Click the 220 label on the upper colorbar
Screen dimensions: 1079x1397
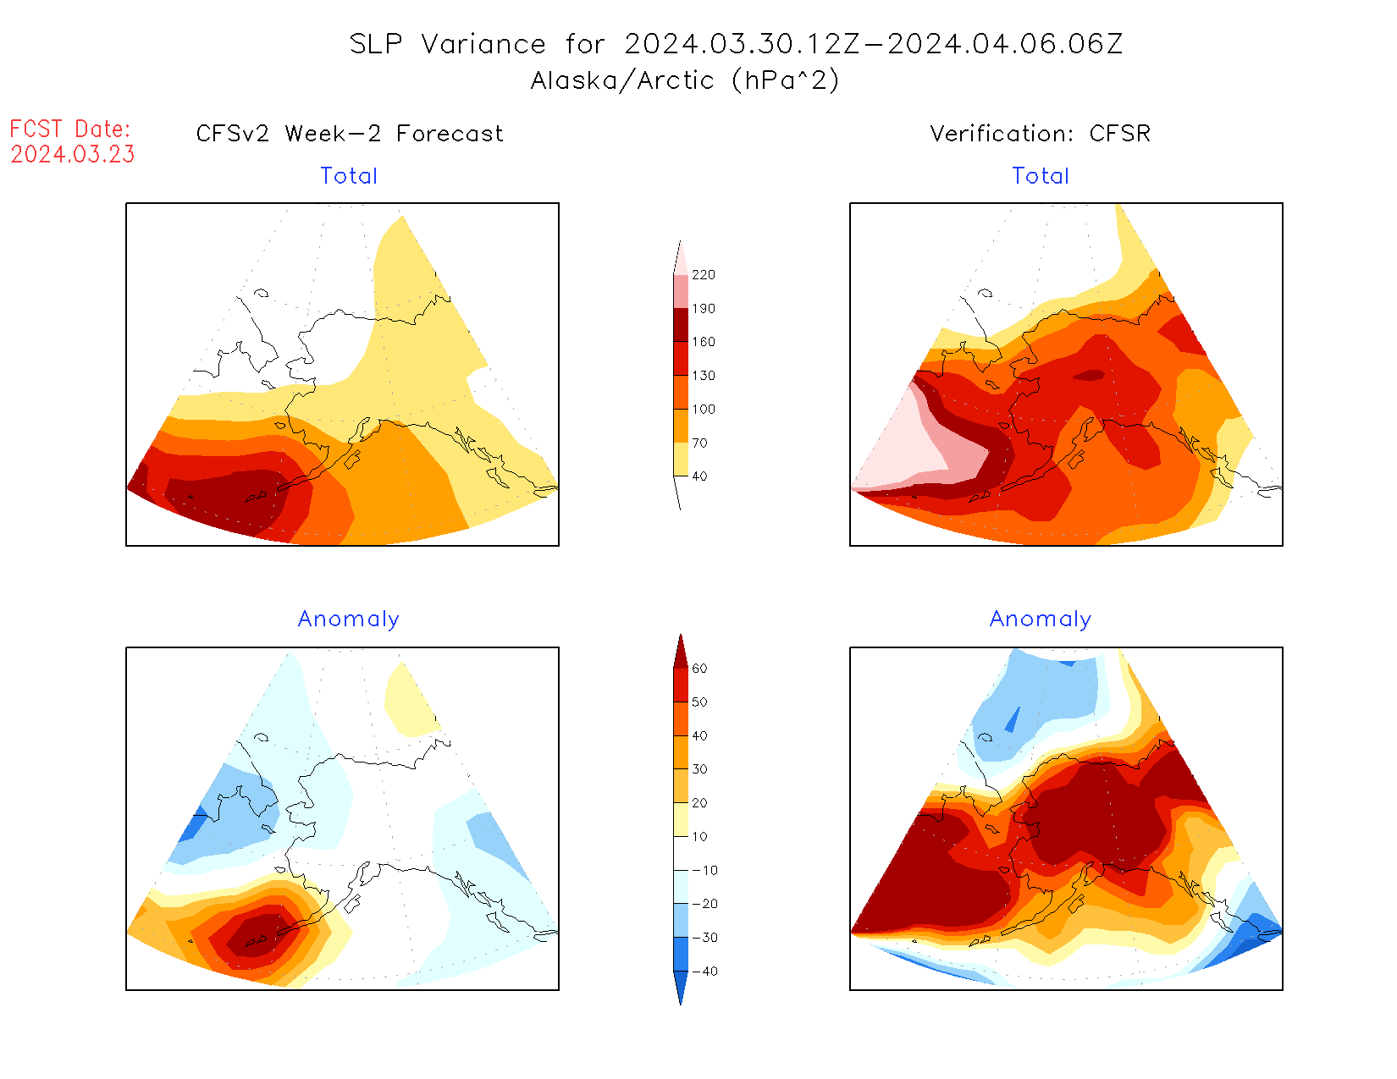click(703, 275)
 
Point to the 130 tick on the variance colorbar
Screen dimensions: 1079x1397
click(703, 376)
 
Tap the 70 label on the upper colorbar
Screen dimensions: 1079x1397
click(699, 443)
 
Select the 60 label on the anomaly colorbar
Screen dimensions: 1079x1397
click(699, 669)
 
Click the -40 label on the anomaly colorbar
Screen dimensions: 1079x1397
click(704, 972)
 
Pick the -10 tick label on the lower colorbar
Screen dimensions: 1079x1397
click(704, 870)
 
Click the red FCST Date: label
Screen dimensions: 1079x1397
click(70, 129)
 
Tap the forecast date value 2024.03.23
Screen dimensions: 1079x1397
click(73, 155)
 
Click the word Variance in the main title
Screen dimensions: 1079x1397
click(483, 44)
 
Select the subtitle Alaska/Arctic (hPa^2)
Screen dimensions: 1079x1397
click(685, 80)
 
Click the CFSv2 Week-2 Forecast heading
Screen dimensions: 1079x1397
click(350, 134)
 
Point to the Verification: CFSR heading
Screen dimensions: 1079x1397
click(1041, 134)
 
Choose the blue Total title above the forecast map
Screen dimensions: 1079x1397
click(349, 176)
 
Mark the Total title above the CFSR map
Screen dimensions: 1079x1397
click(1041, 176)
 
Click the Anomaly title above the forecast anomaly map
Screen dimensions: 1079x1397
click(348, 619)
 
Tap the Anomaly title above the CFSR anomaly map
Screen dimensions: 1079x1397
click(1041, 619)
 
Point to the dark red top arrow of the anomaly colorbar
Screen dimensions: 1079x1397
click(681, 652)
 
